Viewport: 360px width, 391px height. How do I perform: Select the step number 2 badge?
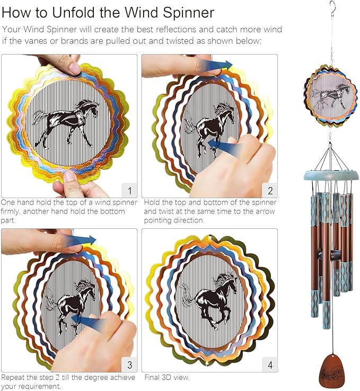coord(270,190)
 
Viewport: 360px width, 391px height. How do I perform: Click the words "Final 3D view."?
coord(166,378)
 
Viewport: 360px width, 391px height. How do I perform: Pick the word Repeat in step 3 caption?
coord(12,378)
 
